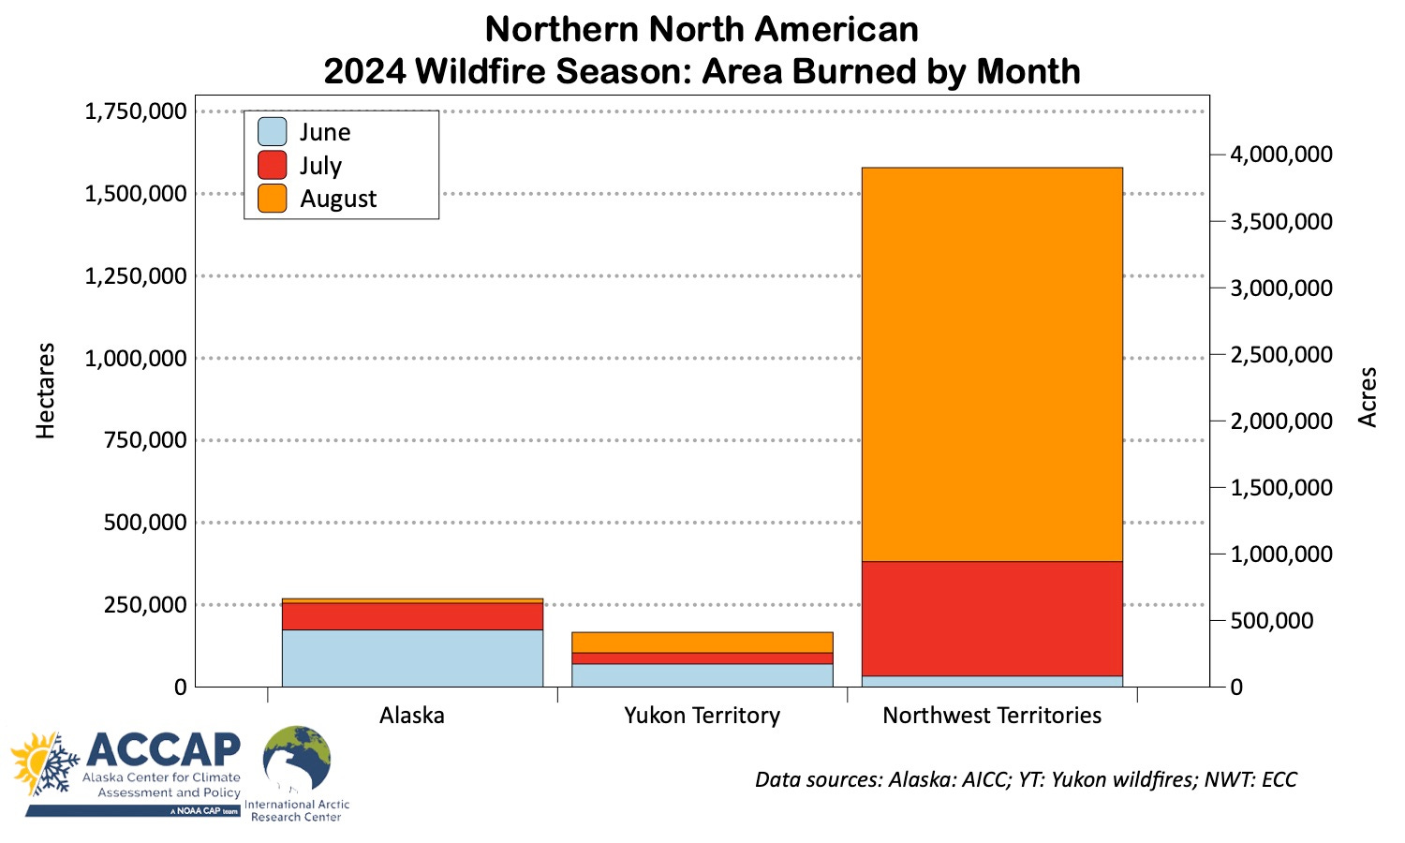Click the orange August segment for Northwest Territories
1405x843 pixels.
tap(991, 364)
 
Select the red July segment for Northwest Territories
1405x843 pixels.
tap(991, 618)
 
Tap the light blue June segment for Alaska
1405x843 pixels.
tap(412, 658)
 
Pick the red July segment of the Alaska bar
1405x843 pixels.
tap(412, 616)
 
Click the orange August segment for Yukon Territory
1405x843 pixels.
tap(702, 642)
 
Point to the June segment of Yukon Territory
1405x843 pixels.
tap(702, 675)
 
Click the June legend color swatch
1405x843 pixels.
tap(273, 132)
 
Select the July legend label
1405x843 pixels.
tap(320, 166)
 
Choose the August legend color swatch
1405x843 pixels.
tap(273, 199)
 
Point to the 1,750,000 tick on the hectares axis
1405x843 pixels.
tap(136, 112)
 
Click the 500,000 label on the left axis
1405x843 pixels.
tap(145, 523)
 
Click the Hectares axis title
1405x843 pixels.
tap(46, 391)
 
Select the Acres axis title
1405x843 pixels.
tap(1368, 397)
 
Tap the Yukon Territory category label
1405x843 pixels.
tap(702, 716)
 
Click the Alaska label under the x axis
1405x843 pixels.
tap(412, 716)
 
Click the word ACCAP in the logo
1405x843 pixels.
tap(163, 749)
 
